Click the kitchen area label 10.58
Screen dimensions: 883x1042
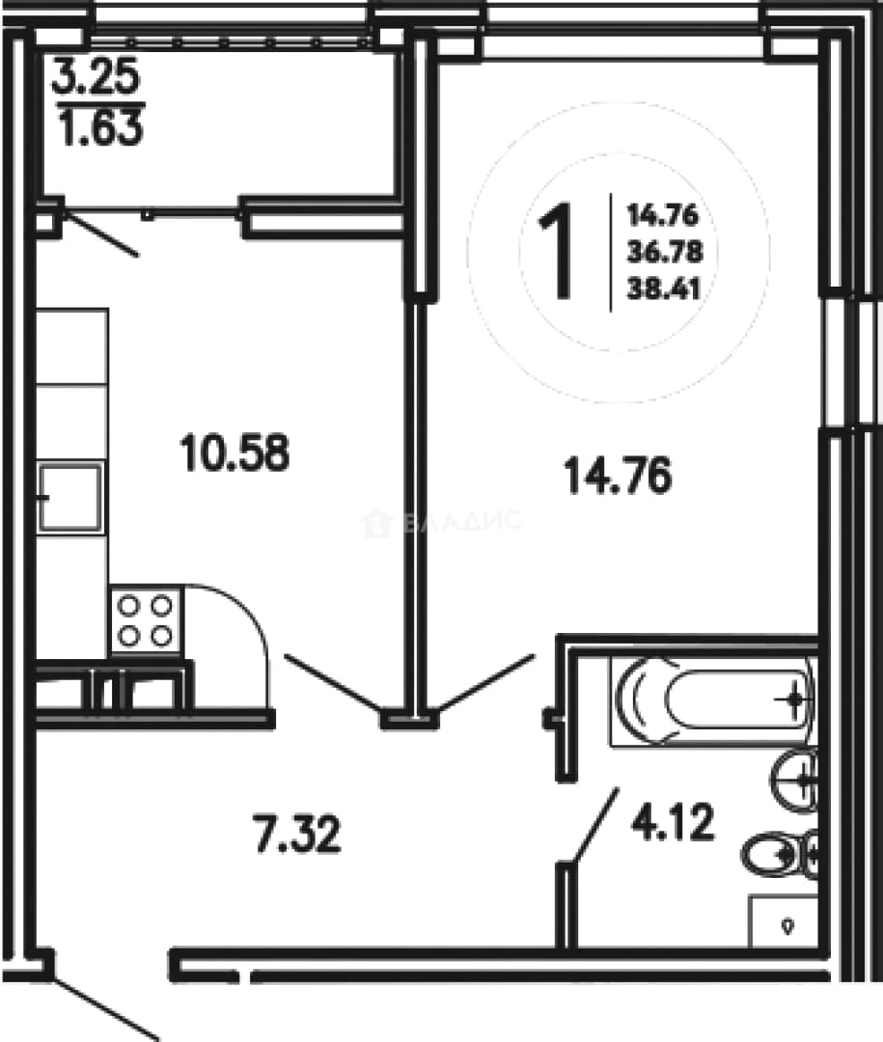235,452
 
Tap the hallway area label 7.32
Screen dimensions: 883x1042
297,835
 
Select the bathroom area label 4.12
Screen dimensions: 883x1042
673,822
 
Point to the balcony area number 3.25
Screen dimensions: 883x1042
97,76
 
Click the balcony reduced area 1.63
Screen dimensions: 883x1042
100,127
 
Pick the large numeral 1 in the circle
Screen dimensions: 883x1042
556,251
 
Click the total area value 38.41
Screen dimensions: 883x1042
664,289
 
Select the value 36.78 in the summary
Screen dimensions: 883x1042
664,253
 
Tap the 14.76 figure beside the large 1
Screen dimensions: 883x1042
663,215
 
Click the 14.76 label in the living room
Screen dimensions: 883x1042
618,475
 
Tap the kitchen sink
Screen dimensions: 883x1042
69,498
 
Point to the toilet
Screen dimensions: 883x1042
779,855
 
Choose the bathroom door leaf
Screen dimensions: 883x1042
593,826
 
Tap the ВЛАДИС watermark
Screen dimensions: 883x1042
442,523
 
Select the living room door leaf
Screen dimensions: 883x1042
485,682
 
